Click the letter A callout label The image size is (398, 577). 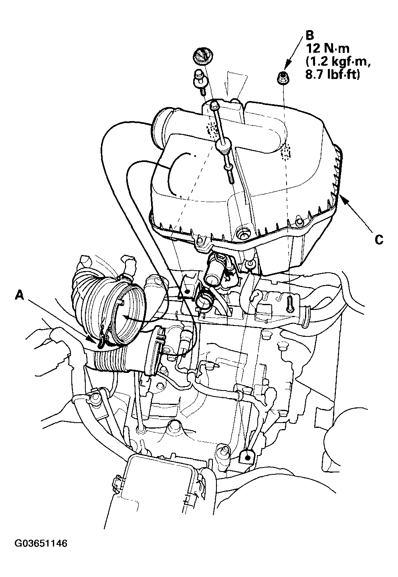[20, 294]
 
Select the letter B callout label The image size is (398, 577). [310, 35]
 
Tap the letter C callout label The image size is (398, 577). [379, 240]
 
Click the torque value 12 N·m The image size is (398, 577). [327, 49]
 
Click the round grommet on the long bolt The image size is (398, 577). [224, 146]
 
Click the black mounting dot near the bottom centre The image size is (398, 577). [247, 457]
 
